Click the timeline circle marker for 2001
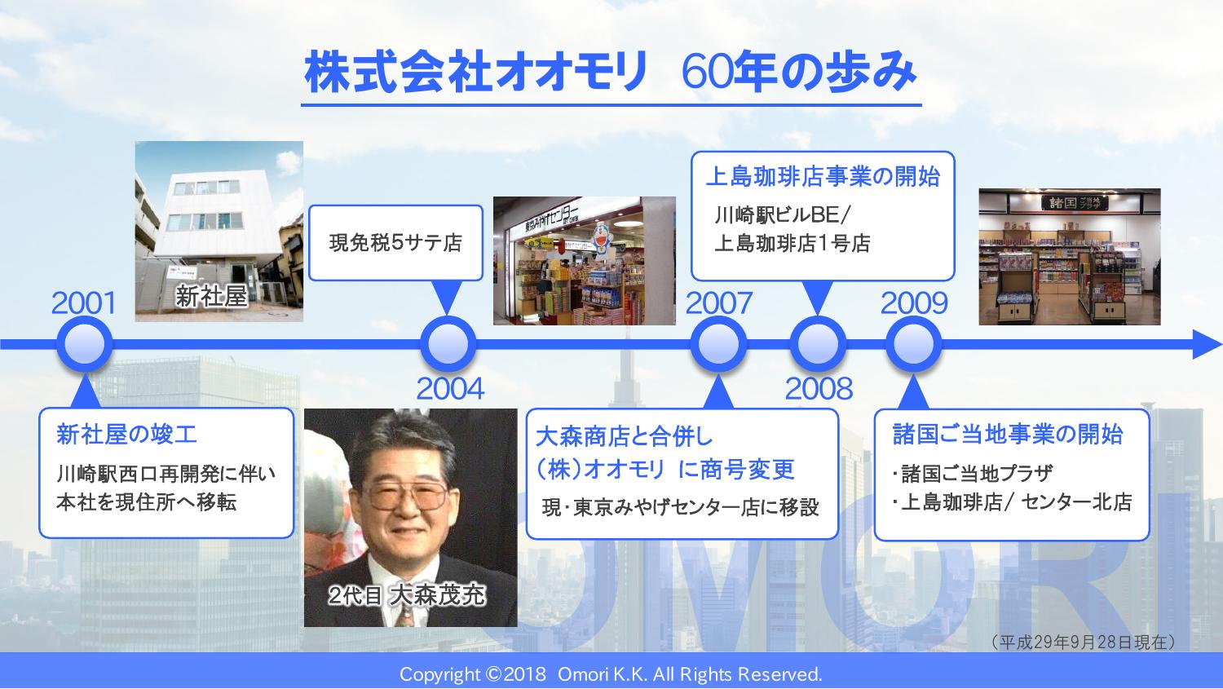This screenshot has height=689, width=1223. tap(85, 344)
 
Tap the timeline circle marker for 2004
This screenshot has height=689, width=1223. tap(448, 344)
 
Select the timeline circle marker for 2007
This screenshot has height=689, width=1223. tap(718, 344)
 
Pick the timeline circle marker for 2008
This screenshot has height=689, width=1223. tap(818, 344)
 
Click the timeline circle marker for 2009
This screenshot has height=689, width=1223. tap(913, 344)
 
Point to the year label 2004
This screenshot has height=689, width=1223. tap(450, 389)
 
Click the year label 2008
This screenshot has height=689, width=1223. tap(819, 389)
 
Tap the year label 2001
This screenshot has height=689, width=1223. tap(84, 303)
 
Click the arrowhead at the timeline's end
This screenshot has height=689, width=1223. tap(1206, 344)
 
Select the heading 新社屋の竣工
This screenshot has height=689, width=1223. tap(126, 435)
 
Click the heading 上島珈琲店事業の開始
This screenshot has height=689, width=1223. tap(823, 177)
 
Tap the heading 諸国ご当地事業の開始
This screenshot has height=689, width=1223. tap(1007, 435)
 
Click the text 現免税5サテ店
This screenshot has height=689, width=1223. tap(395, 243)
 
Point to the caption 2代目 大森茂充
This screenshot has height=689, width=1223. tap(407, 595)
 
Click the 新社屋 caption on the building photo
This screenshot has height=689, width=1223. tap(211, 297)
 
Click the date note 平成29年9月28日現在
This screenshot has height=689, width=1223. tap(1083, 642)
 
